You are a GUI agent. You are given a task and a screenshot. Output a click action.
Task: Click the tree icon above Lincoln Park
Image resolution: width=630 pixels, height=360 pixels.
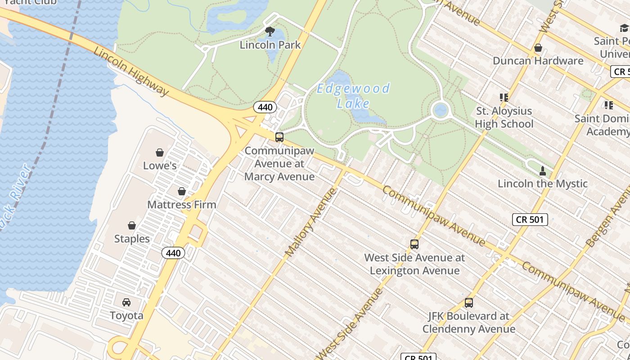tap(270, 31)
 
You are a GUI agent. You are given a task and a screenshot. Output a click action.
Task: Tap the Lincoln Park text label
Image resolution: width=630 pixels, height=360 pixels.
tap(270, 45)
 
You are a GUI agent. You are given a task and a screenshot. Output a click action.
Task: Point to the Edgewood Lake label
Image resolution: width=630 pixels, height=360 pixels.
tap(354, 95)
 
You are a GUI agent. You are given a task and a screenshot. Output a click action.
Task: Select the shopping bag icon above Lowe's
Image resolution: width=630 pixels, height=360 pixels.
tap(160, 153)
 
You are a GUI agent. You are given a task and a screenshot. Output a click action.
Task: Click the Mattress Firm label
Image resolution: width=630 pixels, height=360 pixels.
tap(182, 205)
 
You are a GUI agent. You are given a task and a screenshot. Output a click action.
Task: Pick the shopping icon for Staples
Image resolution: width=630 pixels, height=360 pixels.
tap(132, 225)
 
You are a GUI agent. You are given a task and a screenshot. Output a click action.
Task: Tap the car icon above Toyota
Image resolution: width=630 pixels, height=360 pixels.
tap(126, 302)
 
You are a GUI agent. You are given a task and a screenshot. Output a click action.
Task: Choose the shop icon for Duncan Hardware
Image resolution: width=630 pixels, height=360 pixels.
tap(538, 48)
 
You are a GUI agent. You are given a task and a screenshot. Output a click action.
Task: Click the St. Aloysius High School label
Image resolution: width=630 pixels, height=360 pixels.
tap(504, 117)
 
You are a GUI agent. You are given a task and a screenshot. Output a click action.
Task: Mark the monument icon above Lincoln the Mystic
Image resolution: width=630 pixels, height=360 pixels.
tap(543, 171)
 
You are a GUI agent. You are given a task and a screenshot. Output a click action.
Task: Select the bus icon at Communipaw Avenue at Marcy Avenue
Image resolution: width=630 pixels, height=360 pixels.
tap(279, 137)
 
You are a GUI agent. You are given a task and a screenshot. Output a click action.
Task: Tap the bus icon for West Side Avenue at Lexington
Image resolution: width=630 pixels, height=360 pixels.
tap(414, 244)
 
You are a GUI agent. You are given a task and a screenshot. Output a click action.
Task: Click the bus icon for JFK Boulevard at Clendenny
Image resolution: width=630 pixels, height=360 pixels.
tap(469, 303)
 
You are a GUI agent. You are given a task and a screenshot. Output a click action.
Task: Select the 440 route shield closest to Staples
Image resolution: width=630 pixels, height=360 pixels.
tap(173, 253)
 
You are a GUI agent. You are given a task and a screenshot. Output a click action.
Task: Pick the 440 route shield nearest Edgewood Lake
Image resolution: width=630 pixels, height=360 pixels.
tap(265, 107)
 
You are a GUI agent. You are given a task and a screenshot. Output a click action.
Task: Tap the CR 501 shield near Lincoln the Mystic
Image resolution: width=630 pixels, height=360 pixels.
tap(530, 220)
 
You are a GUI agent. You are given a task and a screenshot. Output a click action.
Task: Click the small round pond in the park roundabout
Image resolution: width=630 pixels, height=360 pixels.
tap(440, 110)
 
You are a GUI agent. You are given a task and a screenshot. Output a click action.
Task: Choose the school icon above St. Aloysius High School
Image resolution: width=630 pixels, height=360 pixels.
tap(504, 97)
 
